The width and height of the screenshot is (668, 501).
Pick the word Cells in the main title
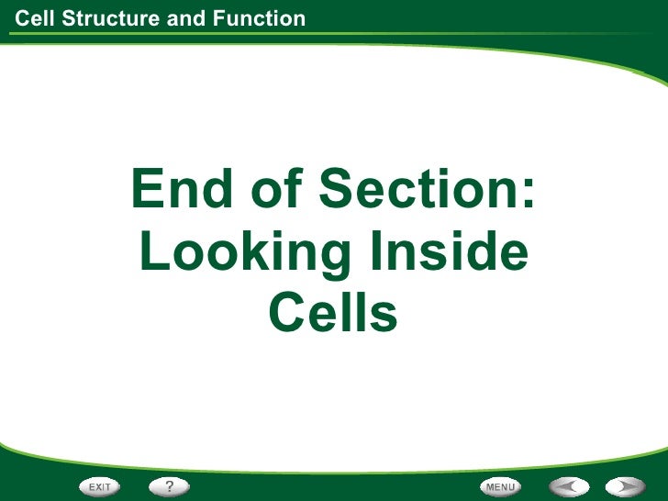point(333,313)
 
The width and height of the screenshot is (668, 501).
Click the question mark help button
point(170,485)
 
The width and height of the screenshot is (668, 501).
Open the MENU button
point(501,485)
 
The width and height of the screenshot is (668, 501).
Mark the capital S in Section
point(337,191)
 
